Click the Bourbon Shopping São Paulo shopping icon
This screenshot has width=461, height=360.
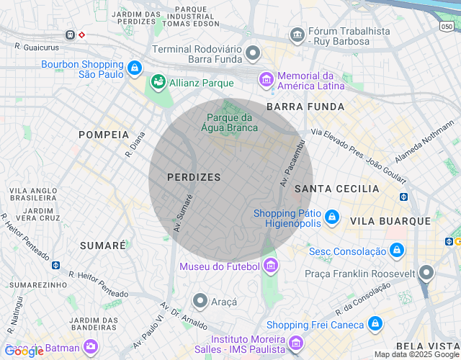click(x=134, y=68)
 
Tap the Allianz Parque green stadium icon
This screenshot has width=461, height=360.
click(x=158, y=83)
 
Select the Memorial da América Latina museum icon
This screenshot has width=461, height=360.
click(x=267, y=78)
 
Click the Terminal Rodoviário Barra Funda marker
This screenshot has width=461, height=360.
click(x=252, y=53)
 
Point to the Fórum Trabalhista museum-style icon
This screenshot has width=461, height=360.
click(x=297, y=35)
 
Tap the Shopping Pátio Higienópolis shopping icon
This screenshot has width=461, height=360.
click(x=331, y=216)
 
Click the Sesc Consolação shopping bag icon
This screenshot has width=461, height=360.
click(x=395, y=251)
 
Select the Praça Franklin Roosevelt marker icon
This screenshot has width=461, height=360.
click(x=426, y=273)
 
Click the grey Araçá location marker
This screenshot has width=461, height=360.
click(x=200, y=301)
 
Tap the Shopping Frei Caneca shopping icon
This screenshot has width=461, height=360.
click(x=374, y=325)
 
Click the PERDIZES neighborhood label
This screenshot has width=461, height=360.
click(x=194, y=176)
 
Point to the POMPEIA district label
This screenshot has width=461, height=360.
click(x=103, y=135)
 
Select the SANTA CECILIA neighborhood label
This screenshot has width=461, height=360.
click(x=336, y=189)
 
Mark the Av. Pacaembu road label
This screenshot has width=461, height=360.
click(x=293, y=163)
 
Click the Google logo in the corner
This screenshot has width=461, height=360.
click(x=24, y=351)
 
